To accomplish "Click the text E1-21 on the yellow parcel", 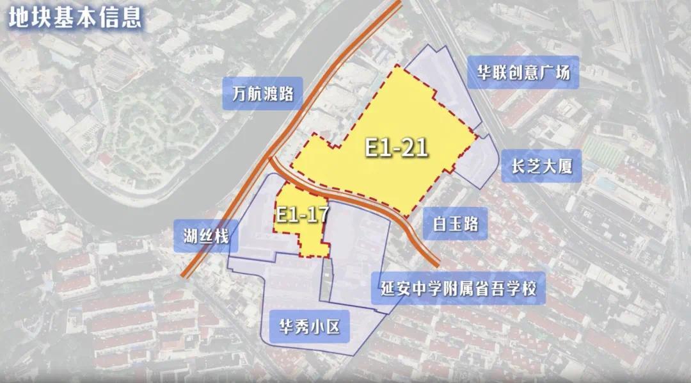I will click(x=396, y=148).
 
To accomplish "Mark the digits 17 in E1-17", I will click(x=316, y=213).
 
